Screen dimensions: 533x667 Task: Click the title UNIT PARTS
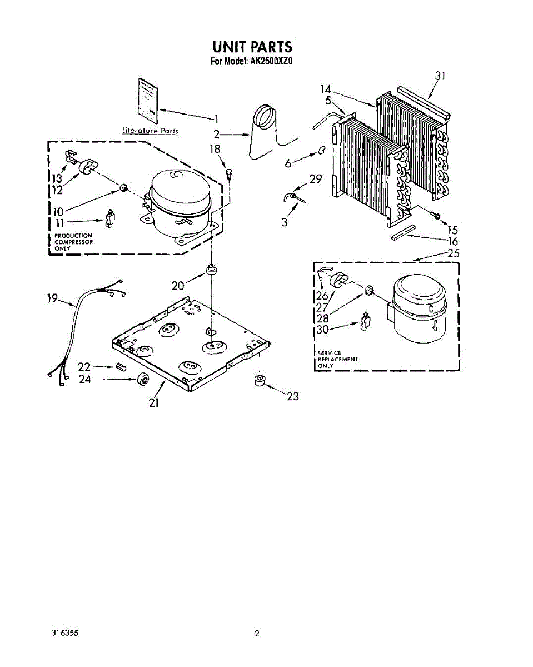(252, 46)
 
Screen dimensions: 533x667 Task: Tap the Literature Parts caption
(150, 131)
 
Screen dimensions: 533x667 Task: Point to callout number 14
(326, 89)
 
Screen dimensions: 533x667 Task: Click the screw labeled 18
(229, 173)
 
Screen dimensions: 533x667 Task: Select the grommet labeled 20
(211, 271)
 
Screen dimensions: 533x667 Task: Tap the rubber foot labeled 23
(258, 381)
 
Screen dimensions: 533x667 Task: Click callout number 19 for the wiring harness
(52, 298)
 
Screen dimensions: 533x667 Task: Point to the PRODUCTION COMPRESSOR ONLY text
(73, 242)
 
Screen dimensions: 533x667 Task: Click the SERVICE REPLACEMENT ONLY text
(337, 359)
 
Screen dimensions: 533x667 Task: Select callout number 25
(454, 253)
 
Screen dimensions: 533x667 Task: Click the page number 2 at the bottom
(257, 633)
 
